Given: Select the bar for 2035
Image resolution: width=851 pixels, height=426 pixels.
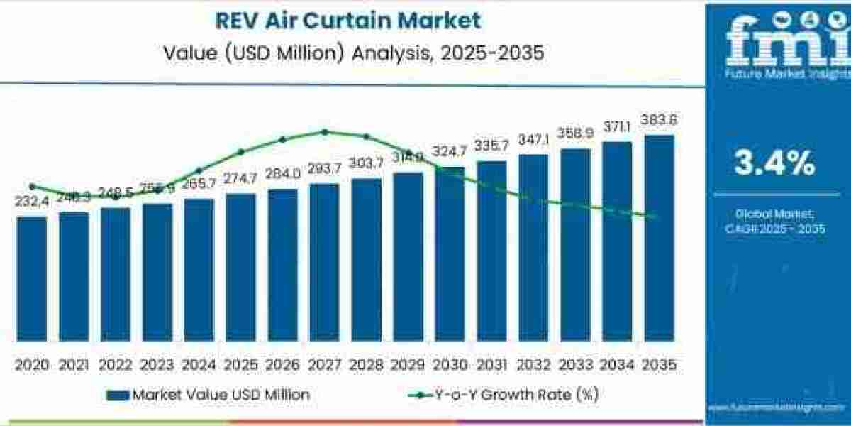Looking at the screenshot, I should (658, 238).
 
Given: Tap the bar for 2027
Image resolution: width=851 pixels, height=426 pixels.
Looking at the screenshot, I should (324, 262).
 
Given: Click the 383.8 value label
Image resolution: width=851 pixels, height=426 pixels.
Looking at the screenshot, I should (659, 121).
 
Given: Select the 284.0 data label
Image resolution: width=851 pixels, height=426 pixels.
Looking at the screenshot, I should (283, 174).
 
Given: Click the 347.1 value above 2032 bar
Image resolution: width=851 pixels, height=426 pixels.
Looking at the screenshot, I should (533, 139).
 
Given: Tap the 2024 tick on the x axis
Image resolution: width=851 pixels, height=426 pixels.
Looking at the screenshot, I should (199, 365).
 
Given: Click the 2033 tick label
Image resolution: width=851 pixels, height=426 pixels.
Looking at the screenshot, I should (575, 365).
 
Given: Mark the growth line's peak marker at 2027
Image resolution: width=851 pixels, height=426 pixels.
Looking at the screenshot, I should (324, 131).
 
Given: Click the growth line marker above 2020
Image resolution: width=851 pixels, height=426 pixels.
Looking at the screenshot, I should (32, 186).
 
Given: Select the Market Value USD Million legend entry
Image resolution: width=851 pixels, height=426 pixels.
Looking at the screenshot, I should (209, 395).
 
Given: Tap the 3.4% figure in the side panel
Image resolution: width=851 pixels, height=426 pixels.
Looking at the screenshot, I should (774, 165).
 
